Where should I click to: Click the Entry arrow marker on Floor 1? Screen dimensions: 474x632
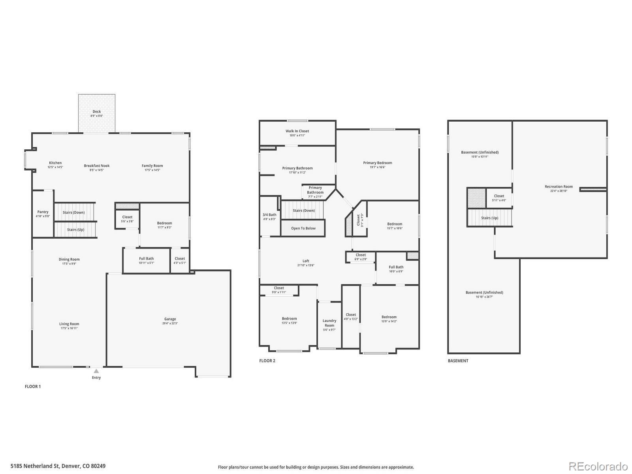tap(96, 371)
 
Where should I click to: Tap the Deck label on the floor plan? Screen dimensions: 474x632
tap(97, 112)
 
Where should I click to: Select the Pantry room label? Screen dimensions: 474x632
tap(43, 212)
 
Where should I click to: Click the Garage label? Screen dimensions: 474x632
tap(170, 319)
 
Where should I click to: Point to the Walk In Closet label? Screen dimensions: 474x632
tap(297, 131)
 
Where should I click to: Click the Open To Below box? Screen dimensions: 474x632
tap(303, 228)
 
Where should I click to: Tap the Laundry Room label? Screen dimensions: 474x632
tap(329, 323)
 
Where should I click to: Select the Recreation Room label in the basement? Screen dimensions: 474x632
tap(559, 187)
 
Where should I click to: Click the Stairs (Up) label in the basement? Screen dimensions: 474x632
tap(489, 218)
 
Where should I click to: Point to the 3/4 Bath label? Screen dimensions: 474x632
tap(269, 215)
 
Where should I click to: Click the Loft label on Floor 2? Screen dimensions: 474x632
tap(306, 261)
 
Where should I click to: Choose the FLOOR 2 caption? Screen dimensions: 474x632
tap(267, 361)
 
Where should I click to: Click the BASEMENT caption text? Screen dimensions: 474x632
tap(458, 361)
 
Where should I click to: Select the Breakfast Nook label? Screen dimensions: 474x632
tap(97, 166)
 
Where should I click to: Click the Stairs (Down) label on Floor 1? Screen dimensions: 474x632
tap(73, 213)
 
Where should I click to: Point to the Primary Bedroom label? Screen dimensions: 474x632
tap(378, 163)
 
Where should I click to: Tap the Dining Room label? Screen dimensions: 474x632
tap(69, 260)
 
